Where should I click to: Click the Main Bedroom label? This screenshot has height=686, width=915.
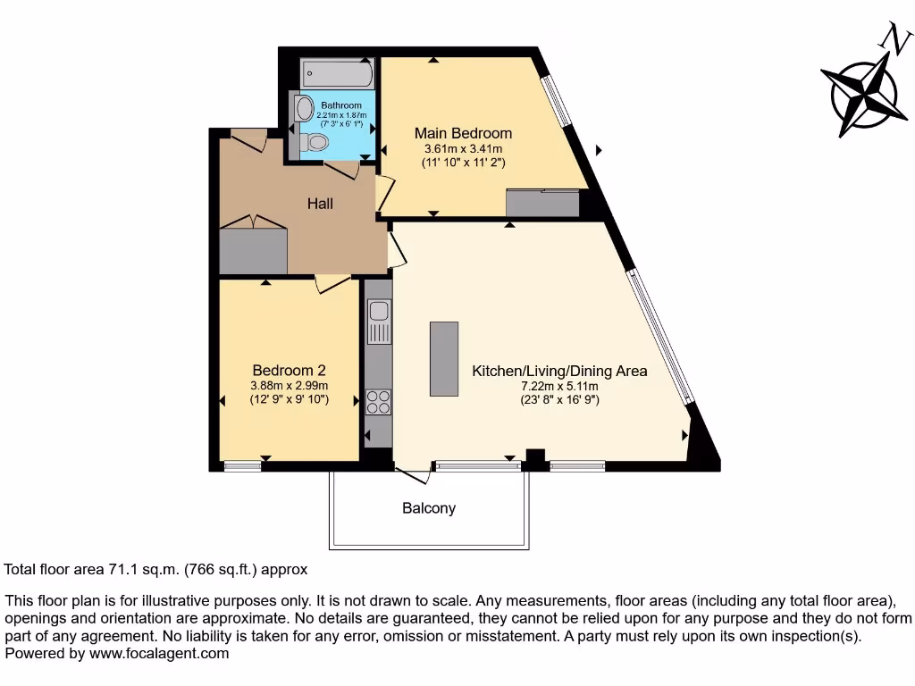[x=463, y=133]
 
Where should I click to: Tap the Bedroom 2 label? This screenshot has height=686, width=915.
[x=289, y=370]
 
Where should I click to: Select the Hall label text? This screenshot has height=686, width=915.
[x=320, y=204]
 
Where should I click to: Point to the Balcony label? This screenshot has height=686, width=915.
[x=429, y=508]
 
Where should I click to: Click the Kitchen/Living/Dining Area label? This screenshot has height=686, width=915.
[x=559, y=371]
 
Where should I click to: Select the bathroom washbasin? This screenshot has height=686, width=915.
[x=305, y=109]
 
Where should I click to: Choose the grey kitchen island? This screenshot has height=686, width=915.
[x=444, y=359]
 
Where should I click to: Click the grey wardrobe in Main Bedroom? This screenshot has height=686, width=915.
[x=542, y=204]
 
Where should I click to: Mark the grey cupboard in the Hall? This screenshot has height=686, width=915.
[x=253, y=251]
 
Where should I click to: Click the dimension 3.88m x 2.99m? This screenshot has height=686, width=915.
[x=289, y=385]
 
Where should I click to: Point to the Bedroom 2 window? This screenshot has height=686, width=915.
[x=242, y=465]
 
